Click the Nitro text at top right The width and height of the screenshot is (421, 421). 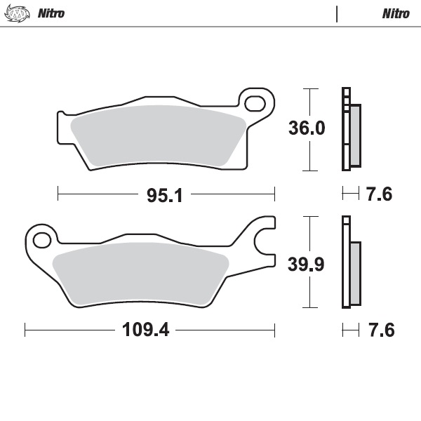tap(396, 13)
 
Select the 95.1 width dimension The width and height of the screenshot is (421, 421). tap(165, 196)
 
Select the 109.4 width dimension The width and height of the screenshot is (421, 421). tap(148, 329)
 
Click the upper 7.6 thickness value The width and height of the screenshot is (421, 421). tap(379, 195)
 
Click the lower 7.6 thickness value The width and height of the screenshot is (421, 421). tap(379, 329)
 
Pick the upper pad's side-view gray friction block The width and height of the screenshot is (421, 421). tap(354, 135)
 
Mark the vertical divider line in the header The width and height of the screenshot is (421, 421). tap(338, 13)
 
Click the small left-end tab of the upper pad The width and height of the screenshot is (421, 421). tap(61, 114)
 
